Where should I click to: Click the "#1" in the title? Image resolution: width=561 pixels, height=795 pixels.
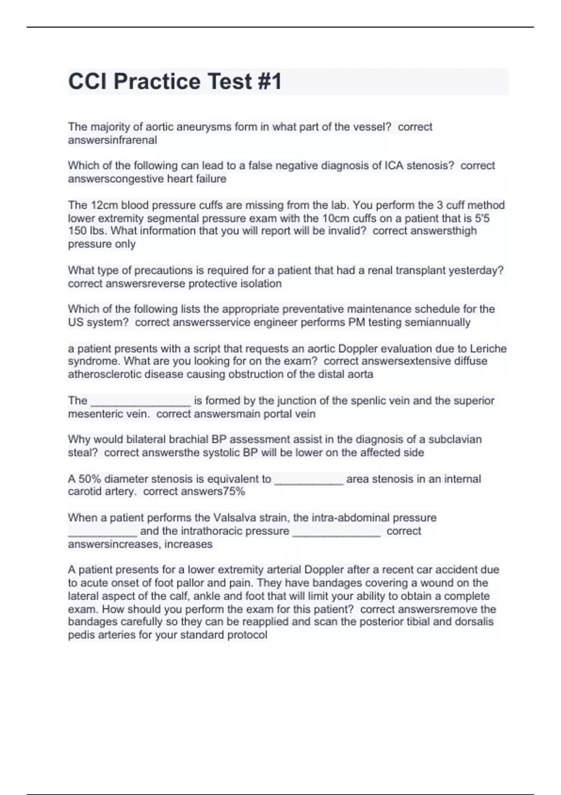click(269, 81)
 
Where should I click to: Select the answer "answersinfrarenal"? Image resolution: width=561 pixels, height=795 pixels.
click(112, 140)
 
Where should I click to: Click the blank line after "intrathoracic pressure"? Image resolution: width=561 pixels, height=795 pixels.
click(336, 532)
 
